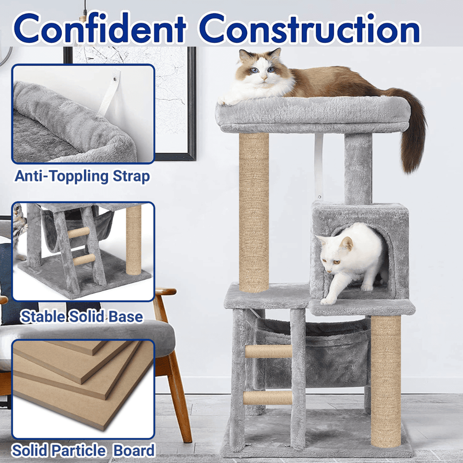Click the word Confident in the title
point(99,28)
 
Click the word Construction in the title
point(310,28)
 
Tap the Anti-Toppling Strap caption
point(82,177)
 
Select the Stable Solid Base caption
point(81,316)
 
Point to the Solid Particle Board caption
point(83,451)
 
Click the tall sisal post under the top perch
point(254,212)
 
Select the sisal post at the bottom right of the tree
point(385,381)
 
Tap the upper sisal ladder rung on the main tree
point(268,351)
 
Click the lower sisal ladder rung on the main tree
point(267,398)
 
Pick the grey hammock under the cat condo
point(313,355)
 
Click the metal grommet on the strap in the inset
point(114,79)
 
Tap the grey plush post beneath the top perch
point(358,168)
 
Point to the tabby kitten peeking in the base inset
point(19,227)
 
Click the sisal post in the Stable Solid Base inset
point(133,240)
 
